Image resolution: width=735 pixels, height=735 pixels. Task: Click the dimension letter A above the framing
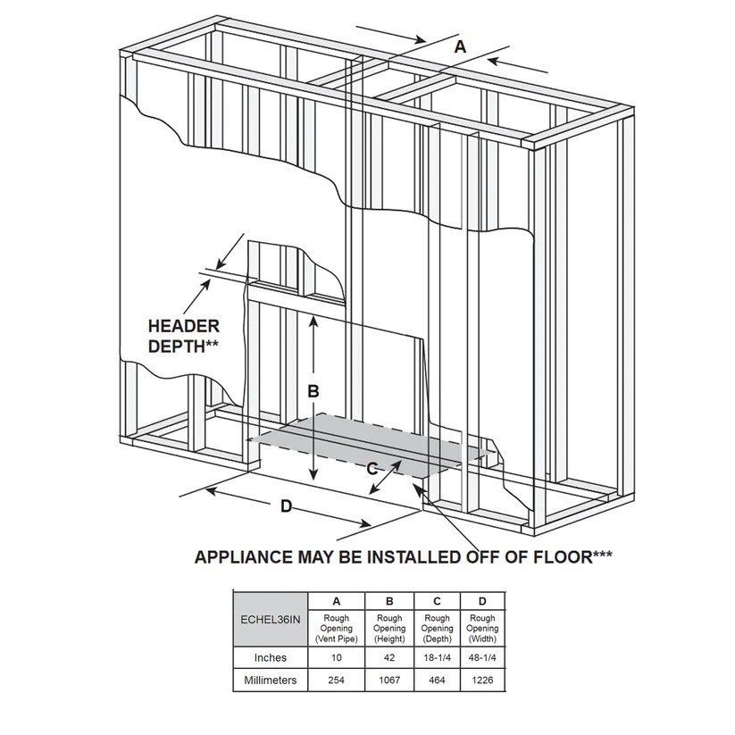pyautogui.click(x=460, y=46)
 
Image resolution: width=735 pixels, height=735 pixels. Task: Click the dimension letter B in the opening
pyautogui.click(x=313, y=390)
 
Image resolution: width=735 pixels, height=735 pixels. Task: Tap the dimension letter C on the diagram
pyautogui.click(x=372, y=468)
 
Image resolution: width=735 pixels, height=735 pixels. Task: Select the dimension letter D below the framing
pyautogui.click(x=286, y=506)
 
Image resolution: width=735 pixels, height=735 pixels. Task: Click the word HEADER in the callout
pyautogui.click(x=183, y=327)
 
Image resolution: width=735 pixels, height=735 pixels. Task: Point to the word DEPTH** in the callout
pyautogui.click(x=183, y=347)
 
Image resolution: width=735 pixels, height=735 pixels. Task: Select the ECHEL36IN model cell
pyautogui.click(x=270, y=618)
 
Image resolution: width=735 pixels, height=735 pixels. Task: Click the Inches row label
pyautogui.click(x=270, y=657)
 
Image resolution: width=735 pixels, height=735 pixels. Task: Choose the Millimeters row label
pyautogui.click(x=270, y=681)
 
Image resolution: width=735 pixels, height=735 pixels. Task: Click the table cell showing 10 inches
pyautogui.click(x=336, y=657)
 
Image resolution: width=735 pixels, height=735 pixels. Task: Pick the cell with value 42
pyautogui.click(x=389, y=657)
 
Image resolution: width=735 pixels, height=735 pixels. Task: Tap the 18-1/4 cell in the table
pyautogui.click(x=437, y=657)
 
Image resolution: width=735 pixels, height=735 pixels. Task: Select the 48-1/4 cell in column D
pyautogui.click(x=482, y=657)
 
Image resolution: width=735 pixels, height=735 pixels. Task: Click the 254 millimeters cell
pyautogui.click(x=336, y=681)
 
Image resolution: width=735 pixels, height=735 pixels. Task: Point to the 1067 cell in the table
pyautogui.click(x=389, y=681)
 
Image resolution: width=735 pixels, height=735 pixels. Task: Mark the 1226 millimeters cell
pyautogui.click(x=482, y=681)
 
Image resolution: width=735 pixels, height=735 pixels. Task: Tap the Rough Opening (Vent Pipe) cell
pyautogui.click(x=336, y=628)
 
